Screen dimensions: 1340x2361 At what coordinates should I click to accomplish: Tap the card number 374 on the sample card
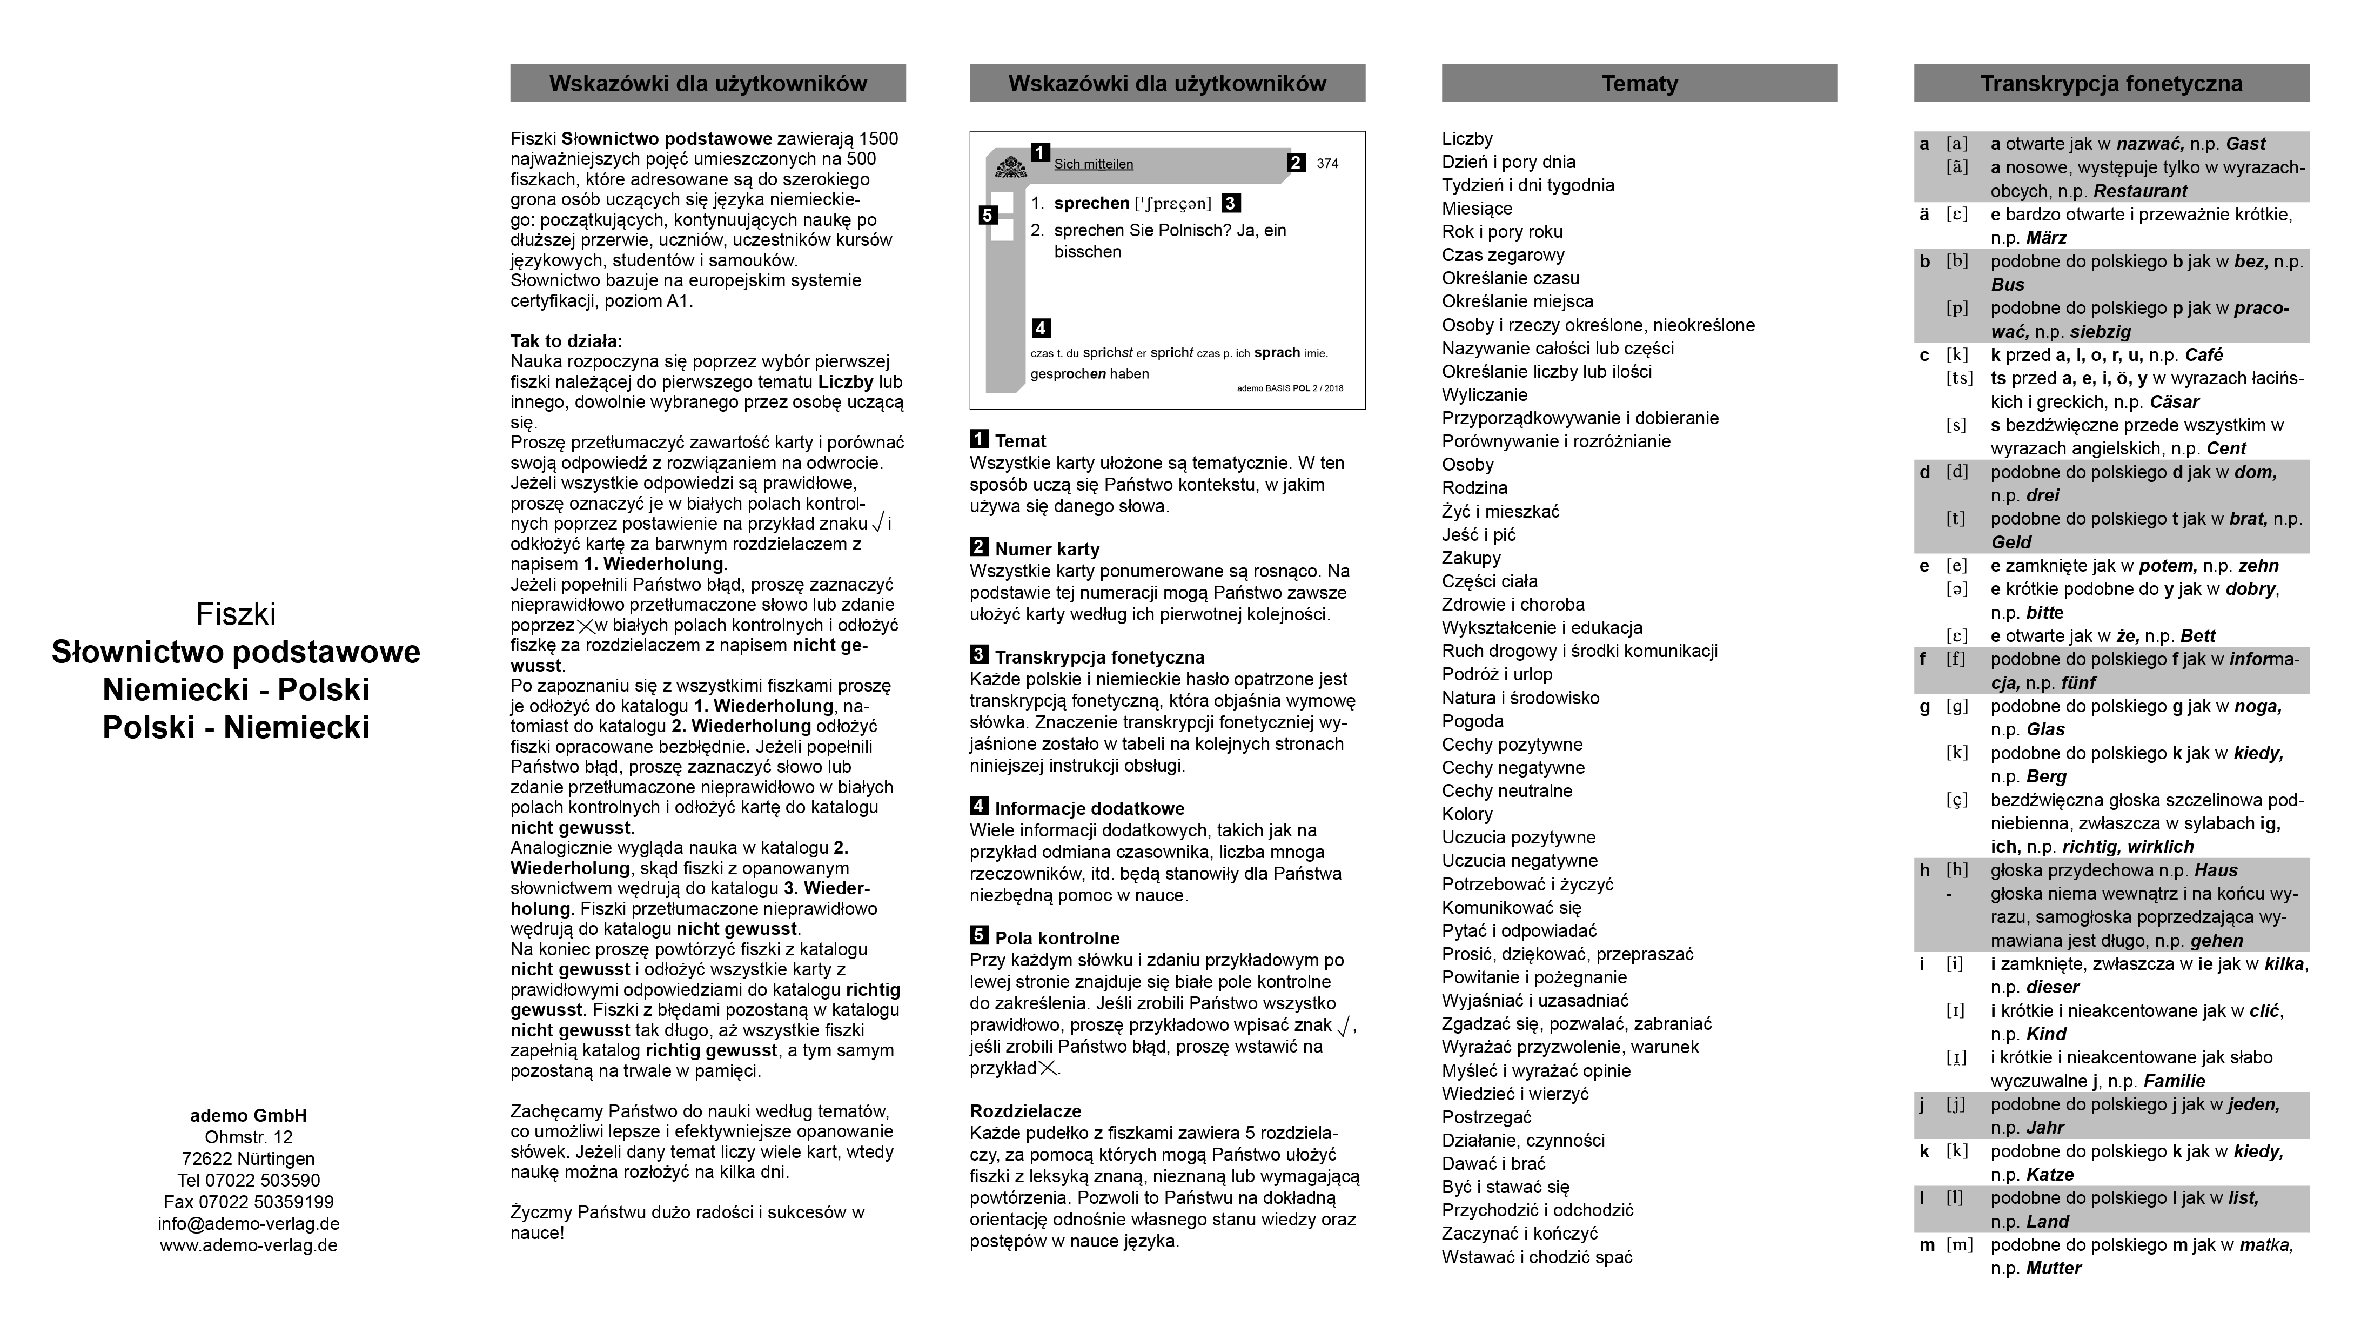1327,164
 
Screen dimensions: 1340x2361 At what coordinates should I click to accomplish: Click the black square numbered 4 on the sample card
1041,327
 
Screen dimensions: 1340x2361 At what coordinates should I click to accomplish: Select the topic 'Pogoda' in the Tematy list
1472,721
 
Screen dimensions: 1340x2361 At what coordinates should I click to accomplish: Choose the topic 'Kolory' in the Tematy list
1467,814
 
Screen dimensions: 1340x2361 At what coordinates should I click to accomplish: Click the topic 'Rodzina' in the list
1474,488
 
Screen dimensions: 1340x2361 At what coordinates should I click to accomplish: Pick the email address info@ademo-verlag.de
249,1224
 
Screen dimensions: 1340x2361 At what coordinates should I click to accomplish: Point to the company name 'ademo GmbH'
249,1115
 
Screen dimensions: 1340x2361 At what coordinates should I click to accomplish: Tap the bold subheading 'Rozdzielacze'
1025,1111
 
